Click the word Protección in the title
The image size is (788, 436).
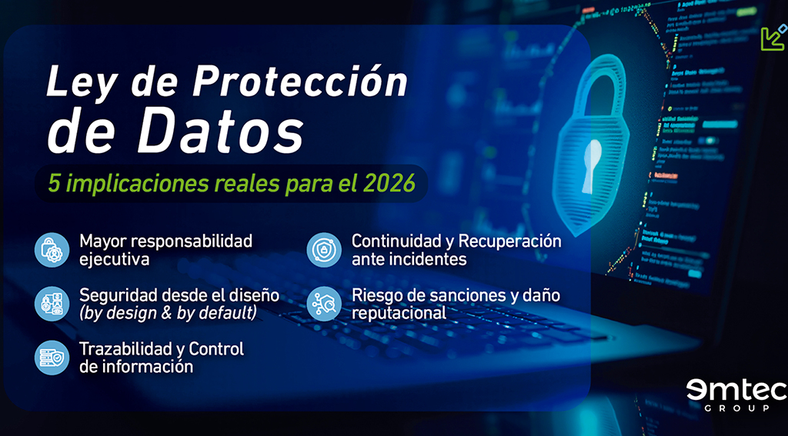(x=300, y=81)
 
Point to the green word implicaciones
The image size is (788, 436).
(x=136, y=185)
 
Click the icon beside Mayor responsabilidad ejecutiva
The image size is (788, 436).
(x=52, y=250)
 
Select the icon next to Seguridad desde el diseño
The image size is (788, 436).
(x=52, y=304)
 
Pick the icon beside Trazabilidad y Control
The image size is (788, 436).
(x=52, y=358)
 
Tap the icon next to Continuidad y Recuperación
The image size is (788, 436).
(x=324, y=250)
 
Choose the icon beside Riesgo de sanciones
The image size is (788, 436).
(x=324, y=304)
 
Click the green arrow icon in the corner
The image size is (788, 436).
(x=773, y=38)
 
